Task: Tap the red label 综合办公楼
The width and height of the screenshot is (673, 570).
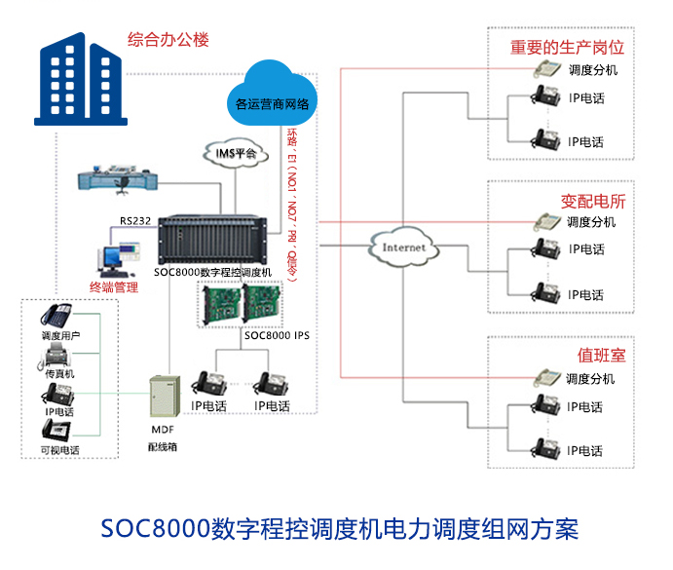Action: pyautogui.click(x=168, y=40)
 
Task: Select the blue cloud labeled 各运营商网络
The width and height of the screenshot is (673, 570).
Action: pyautogui.click(x=272, y=95)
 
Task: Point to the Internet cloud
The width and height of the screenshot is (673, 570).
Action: pyautogui.click(x=403, y=247)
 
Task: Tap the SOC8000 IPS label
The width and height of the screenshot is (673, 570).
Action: pyautogui.click(x=277, y=335)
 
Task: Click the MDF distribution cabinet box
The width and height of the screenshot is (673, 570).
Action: pyautogui.click(x=161, y=397)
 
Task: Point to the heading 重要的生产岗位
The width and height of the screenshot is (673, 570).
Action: pyautogui.click(x=568, y=47)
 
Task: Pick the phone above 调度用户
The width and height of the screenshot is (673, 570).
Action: pyautogui.click(x=56, y=316)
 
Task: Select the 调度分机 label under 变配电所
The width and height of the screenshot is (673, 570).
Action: pyautogui.click(x=591, y=222)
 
